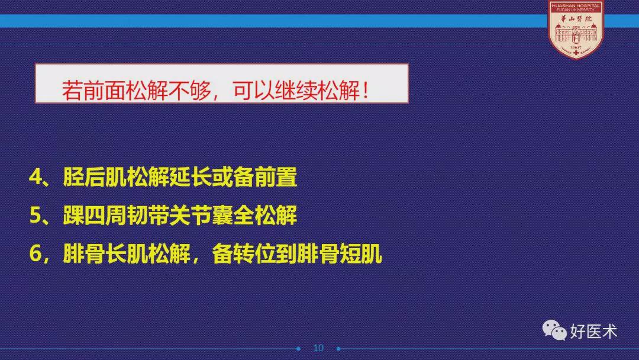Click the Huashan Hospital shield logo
pyautogui.click(x=576, y=30)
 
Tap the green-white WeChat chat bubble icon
pyautogui.click(x=554, y=330)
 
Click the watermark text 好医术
pyautogui.click(x=593, y=331)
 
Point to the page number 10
pyautogui.click(x=318, y=348)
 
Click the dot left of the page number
pyautogui.click(x=298, y=349)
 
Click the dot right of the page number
pyautogui.click(x=338, y=349)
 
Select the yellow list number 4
pyautogui.click(x=36, y=178)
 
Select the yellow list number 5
pyautogui.click(x=36, y=216)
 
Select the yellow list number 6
pyautogui.click(x=36, y=254)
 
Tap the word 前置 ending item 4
pyautogui.click(x=276, y=177)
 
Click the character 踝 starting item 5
pyautogui.click(x=74, y=216)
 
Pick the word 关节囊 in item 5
pyautogui.click(x=201, y=216)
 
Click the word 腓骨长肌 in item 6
pyautogui.click(x=105, y=253)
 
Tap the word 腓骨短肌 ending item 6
pyautogui.click(x=340, y=253)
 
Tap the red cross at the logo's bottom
pyautogui.click(x=576, y=53)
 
